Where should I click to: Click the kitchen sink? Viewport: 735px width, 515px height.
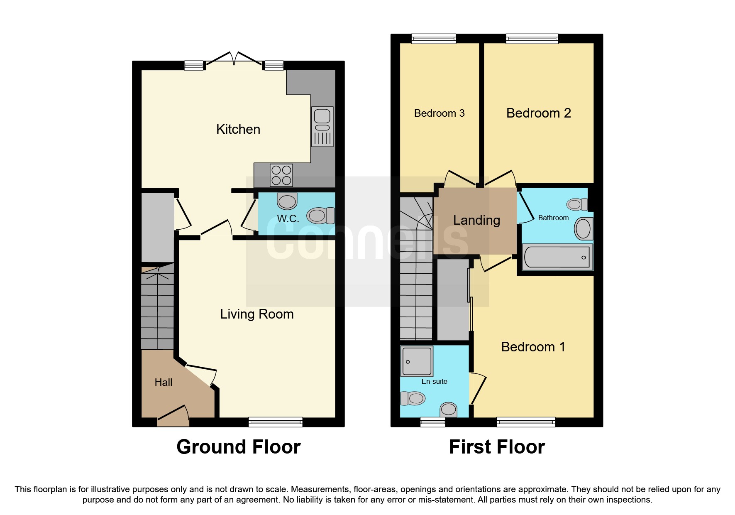[322, 127]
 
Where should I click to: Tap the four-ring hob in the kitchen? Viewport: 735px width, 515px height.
[281, 175]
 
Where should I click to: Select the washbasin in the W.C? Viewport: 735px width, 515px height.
[287, 201]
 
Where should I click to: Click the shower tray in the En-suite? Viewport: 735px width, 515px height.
[417, 361]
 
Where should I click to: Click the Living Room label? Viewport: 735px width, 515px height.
[257, 314]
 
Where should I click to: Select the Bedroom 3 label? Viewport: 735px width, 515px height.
[440, 113]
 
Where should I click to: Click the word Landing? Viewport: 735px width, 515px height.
[476, 220]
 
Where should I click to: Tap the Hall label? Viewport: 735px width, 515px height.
[164, 382]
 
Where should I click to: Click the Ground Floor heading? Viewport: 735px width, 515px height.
[239, 447]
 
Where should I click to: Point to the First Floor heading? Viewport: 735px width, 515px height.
[497, 447]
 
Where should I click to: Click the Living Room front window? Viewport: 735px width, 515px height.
[276, 422]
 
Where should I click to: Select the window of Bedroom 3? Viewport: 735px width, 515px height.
[434, 39]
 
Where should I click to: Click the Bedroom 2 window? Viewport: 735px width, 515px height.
[532, 39]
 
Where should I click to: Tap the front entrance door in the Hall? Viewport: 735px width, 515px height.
[173, 416]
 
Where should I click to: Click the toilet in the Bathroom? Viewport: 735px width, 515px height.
[577, 204]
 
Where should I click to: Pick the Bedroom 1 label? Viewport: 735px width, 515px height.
[533, 347]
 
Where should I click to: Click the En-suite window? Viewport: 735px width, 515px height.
[433, 422]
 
